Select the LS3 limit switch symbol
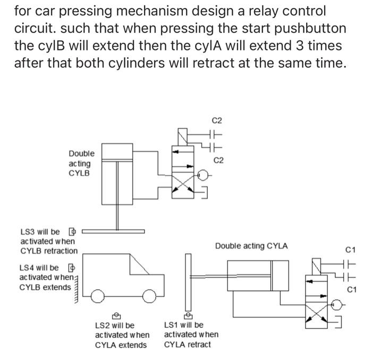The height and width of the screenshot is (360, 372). click(x=73, y=232)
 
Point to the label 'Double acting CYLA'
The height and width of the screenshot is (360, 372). click(x=251, y=246)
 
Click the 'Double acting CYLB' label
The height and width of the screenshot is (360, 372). click(x=80, y=164)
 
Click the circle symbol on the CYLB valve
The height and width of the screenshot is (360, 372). click(x=202, y=174)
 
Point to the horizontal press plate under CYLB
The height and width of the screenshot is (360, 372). click(x=113, y=232)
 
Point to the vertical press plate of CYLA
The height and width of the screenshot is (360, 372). click(x=187, y=281)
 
